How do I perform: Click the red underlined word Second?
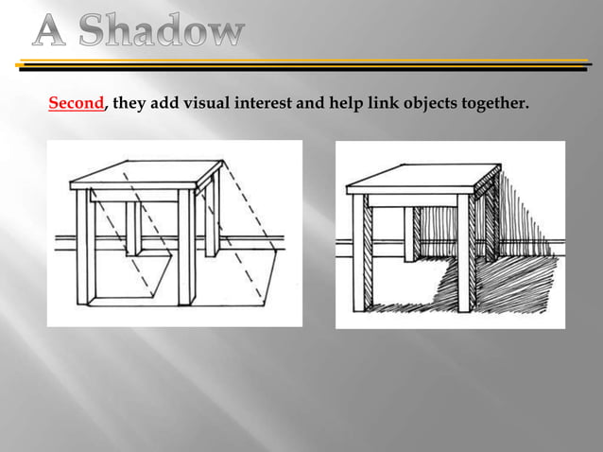(x=76, y=104)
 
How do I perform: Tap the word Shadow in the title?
(x=165, y=34)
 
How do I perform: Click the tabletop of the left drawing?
(x=151, y=174)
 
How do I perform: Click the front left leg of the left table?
(x=83, y=251)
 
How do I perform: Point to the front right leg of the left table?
(x=186, y=251)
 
